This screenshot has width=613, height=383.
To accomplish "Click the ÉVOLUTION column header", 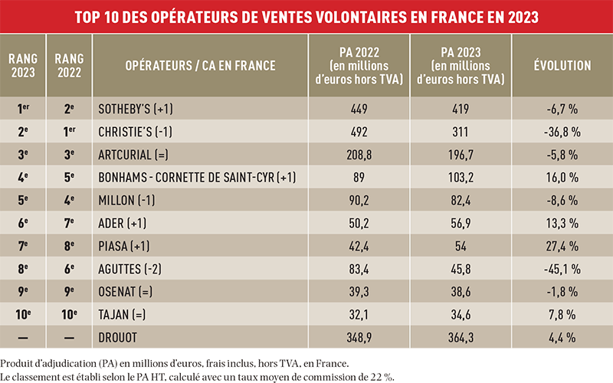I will (562, 66).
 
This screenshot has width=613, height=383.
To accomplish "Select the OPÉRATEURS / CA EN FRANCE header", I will (200, 66).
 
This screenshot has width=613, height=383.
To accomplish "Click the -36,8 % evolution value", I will (562, 132).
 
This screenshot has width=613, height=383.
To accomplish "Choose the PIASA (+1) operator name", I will (125, 248).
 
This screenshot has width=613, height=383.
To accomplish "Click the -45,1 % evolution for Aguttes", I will (562, 271).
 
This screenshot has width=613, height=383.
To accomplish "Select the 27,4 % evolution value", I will (562, 248).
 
